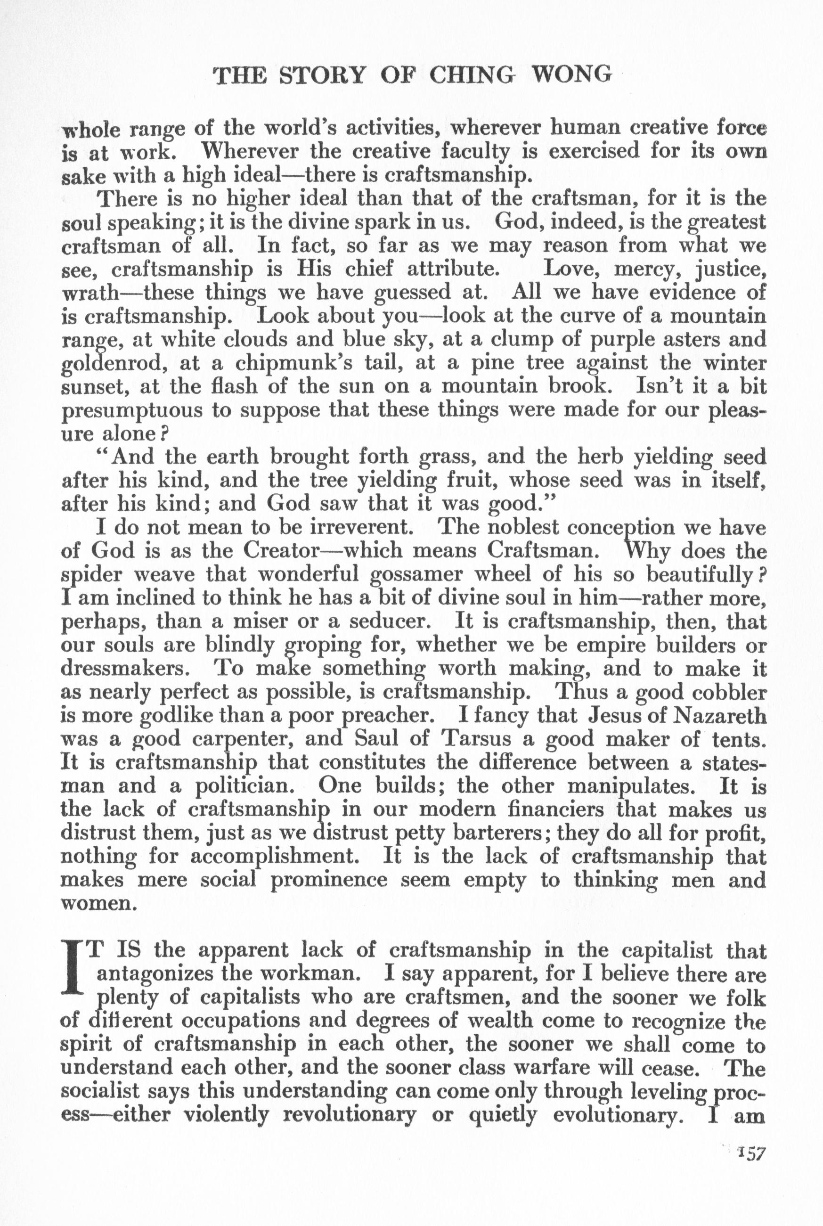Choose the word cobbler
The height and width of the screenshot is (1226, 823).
coord(728,693)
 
